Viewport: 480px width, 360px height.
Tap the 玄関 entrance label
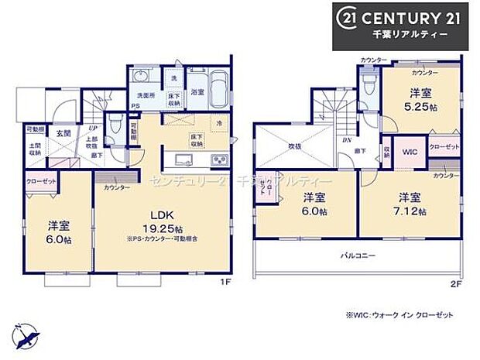(x=63, y=132)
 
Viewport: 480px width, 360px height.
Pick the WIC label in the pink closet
(x=409, y=152)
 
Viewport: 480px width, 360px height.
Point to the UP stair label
(x=93, y=128)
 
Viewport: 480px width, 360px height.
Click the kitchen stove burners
(x=219, y=160)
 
